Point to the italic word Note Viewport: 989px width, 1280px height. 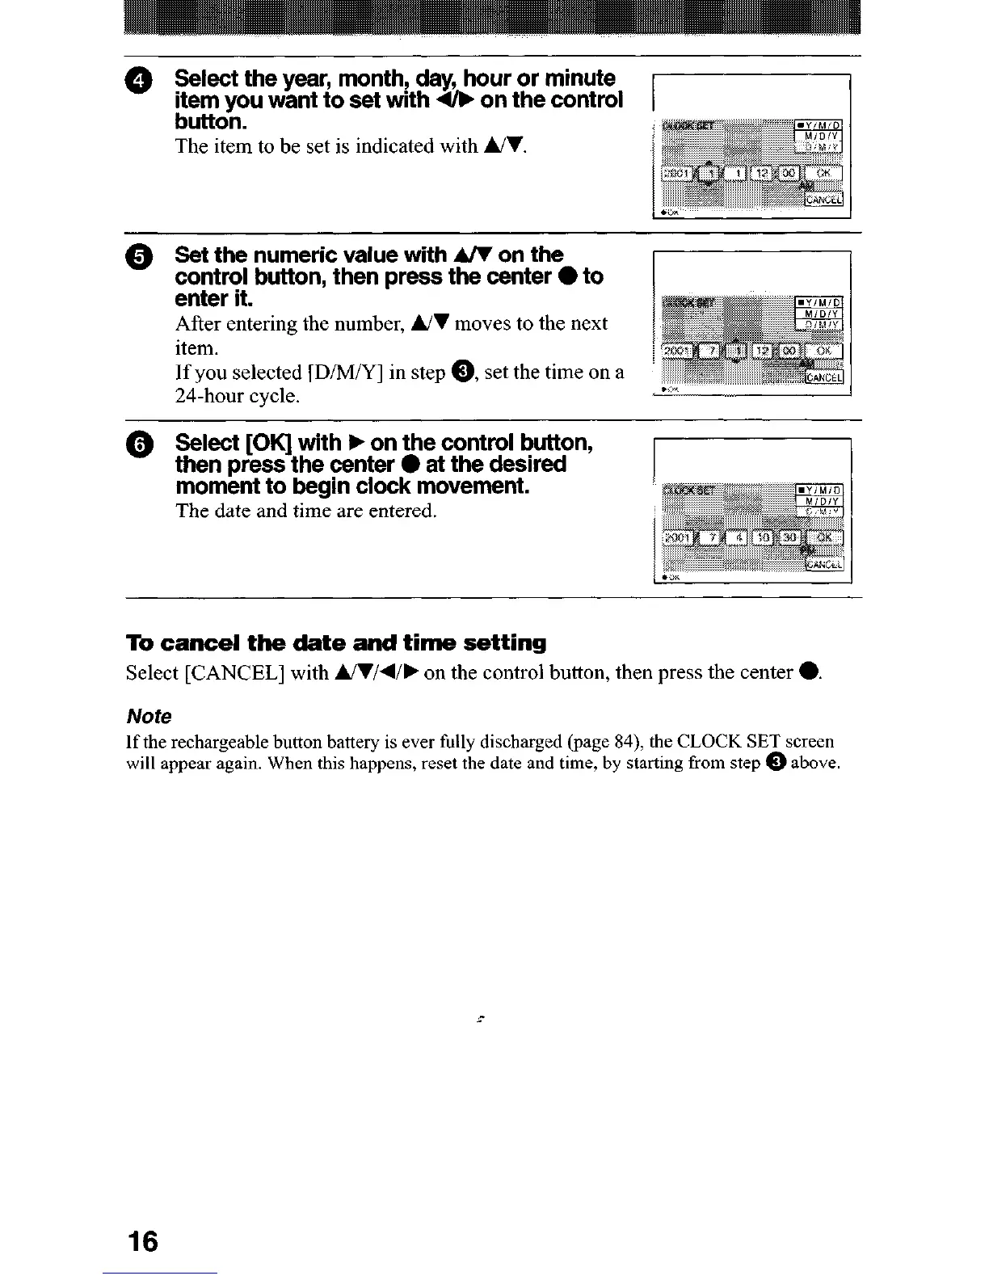point(149,717)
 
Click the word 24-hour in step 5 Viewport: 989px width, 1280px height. point(211,397)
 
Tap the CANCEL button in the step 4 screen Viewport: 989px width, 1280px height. point(823,200)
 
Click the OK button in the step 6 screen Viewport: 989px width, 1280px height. point(823,538)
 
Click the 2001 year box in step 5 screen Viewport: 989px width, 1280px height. point(672,352)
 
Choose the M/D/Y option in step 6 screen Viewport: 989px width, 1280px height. point(820,500)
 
